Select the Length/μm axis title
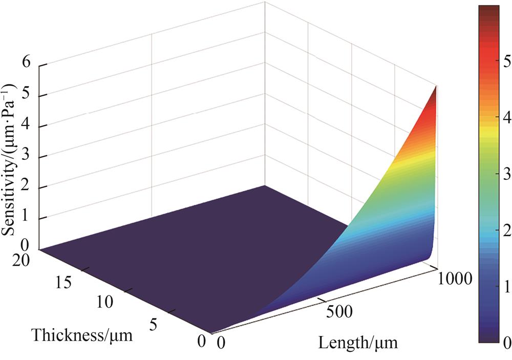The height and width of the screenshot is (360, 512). [x=358, y=342]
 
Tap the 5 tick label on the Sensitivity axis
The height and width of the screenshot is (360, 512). [x=26, y=95]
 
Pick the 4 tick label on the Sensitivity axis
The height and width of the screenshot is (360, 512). [x=26, y=126]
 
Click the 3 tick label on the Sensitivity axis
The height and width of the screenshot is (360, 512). [x=26, y=157]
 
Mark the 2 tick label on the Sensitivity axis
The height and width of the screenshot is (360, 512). [x=26, y=188]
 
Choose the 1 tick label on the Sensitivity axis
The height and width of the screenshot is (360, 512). [x=26, y=219]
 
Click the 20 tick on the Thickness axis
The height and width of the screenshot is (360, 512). [x=22, y=260]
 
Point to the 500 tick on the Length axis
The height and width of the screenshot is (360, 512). [x=337, y=311]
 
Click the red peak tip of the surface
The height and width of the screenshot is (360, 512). [x=436, y=88]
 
